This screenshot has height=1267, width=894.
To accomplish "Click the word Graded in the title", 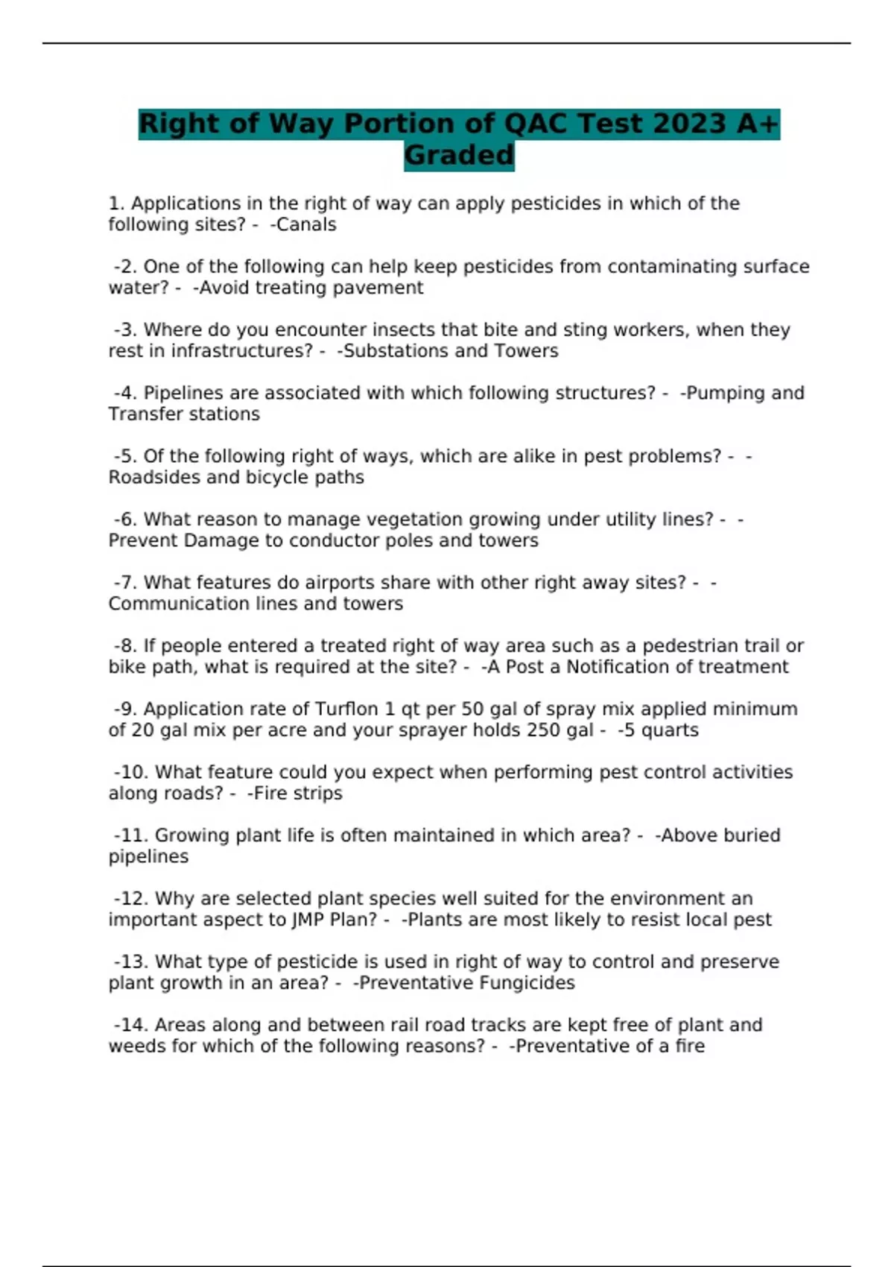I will click(x=459, y=155).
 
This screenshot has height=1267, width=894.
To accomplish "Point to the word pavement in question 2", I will click(x=381, y=288).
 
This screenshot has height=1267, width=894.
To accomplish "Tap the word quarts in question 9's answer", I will click(x=670, y=730).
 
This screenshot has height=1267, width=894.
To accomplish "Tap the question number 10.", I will click(x=134, y=772).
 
